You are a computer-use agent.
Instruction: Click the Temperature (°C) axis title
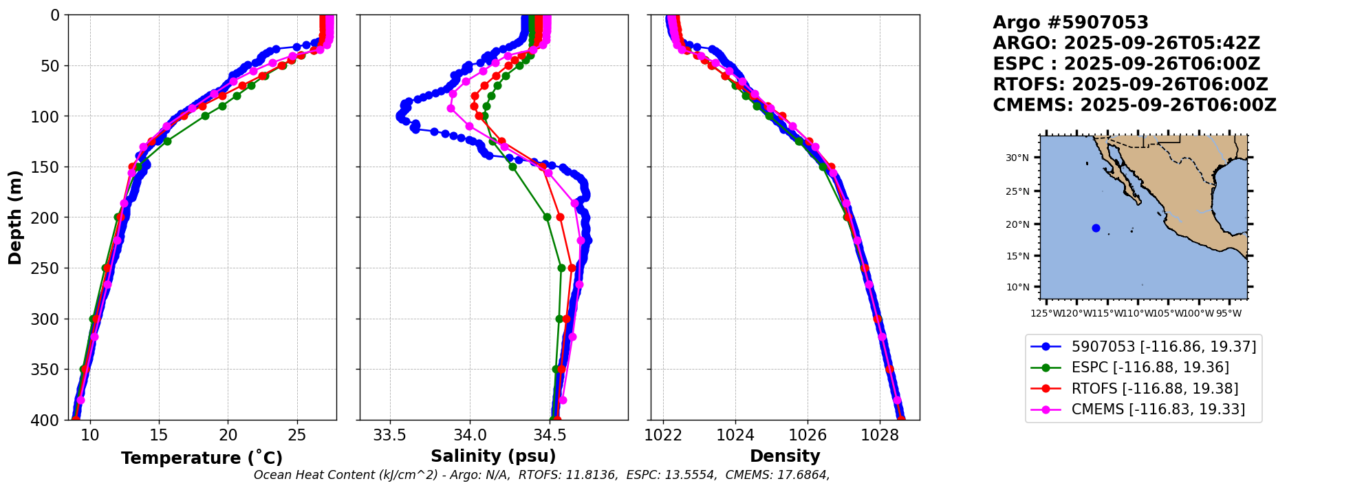tap(202, 458)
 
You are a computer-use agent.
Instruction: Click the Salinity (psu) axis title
tap(493, 456)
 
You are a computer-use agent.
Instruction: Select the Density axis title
tap(785, 456)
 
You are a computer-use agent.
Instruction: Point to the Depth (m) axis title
tap(14, 217)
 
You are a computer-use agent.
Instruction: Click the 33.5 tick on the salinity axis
tap(390, 436)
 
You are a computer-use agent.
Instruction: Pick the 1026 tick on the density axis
tap(807, 436)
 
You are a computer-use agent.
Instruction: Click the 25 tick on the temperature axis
tap(297, 436)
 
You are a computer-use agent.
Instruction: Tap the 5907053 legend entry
tap(1163, 346)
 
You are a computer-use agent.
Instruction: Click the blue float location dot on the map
tap(1096, 228)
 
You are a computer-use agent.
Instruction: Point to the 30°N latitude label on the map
tap(1017, 158)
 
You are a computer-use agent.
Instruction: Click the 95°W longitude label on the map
tap(1228, 314)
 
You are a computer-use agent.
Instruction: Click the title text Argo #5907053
tap(1070, 23)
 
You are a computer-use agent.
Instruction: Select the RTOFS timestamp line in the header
tap(1130, 85)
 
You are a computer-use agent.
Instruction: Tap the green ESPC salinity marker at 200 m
tap(547, 217)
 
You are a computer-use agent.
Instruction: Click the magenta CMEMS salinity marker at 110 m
tap(469, 126)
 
